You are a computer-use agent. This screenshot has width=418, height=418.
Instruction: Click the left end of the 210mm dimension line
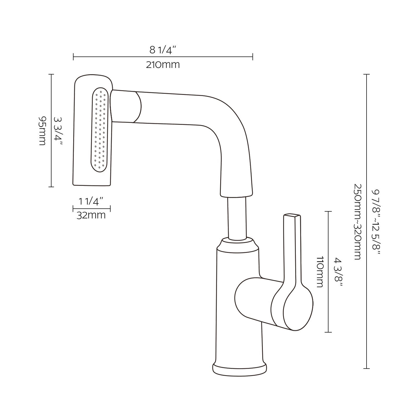[73, 56]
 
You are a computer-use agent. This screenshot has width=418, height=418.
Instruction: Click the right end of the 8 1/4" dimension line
[253, 56]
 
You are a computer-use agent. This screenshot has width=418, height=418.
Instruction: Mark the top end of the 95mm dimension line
[51, 74]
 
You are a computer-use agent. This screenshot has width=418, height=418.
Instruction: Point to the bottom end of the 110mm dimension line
[328, 332]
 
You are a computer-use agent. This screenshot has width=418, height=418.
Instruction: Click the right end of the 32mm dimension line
[110, 208]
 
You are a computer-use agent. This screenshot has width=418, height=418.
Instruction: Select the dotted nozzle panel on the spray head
[100, 130]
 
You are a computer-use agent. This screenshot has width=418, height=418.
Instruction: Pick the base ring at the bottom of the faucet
[240, 369]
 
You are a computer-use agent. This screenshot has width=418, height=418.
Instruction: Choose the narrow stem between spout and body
[237, 218]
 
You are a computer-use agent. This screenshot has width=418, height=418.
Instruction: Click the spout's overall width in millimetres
[163, 65]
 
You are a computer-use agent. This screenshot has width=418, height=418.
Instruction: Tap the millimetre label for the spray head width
[91, 215]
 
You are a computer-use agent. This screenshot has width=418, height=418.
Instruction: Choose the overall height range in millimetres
[357, 222]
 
